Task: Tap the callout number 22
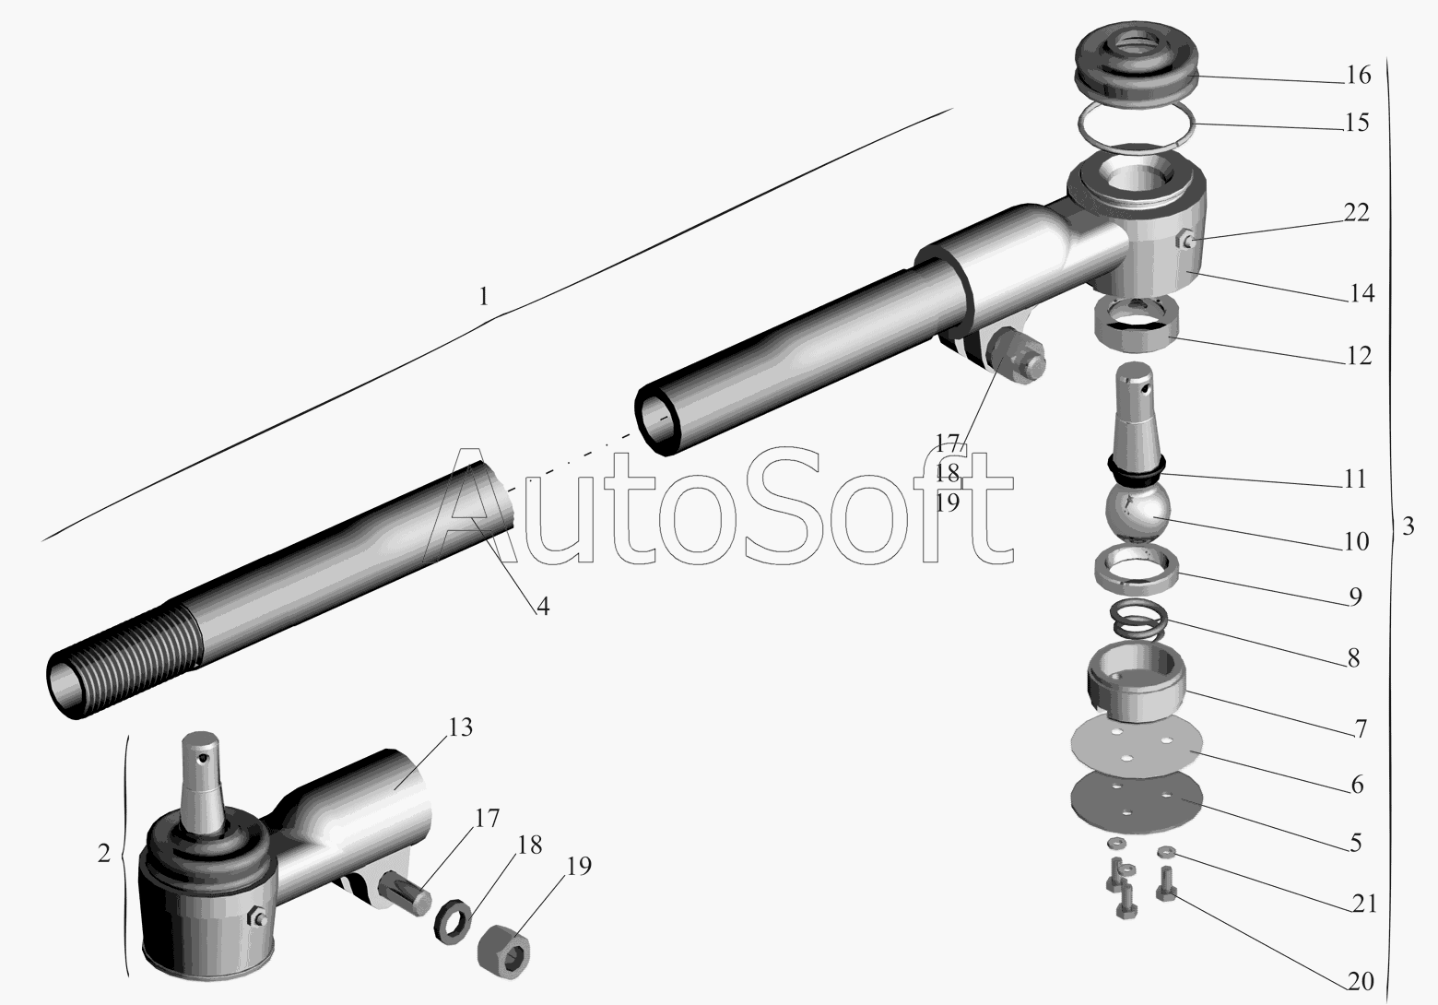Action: pyautogui.click(x=1356, y=213)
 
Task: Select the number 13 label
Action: pyautogui.click(x=460, y=727)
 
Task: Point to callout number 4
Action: pyautogui.click(x=543, y=606)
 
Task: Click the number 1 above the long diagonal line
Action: pyautogui.click(x=483, y=297)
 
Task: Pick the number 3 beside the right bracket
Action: pyautogui.click(x=1408, y=526)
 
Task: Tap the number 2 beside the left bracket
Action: pyautogui.click(x=103, y=854)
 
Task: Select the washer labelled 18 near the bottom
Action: pyautogui.click(x=454, y=921)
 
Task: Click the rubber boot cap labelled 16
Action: pyautogui.click(x=1137, y=66)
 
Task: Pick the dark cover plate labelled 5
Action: pyautogui.click(x=1137, y=803)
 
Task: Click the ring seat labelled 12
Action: pyautogui.click(x=1137, y=325)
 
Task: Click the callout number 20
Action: pyautogui.click(x=1360, y=981)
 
